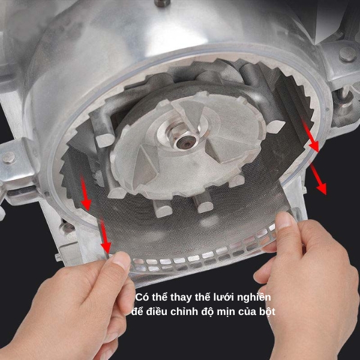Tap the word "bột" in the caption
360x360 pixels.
pyautogui.click(x=267, y=312)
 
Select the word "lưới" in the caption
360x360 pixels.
pyautogui.click(x=223, y=297)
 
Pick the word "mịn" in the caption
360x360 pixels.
pyautogui.click(x=226, y=312)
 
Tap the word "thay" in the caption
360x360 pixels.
pyautogui.click(x=181, y=298)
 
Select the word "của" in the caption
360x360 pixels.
pyautogui.click(x=247, y=312)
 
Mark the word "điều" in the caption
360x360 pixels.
pyautogui.click(x=156, y=311)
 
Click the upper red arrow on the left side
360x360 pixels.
pyautogui.click(x=85, y=193)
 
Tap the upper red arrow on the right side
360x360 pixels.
pyautogui.click(x=311, y=136)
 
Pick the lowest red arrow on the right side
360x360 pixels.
pyautogui.click(x=319, y=178)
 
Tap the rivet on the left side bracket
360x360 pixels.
pyautogui.click(x=9, y=157)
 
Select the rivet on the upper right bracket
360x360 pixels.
pyautogui.click(x=348, y=54)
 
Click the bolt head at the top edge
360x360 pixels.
pyautogui.click(x=163, y=3)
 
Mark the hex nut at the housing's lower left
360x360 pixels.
pyautogui.click(x=67, y=228)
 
